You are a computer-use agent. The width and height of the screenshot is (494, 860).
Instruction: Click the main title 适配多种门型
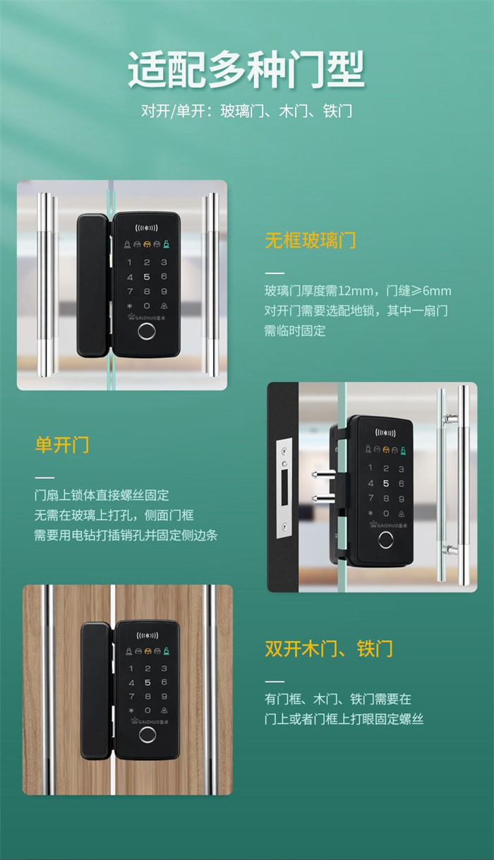pos(246,69)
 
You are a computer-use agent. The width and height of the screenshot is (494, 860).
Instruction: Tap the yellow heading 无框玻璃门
pos(311,241)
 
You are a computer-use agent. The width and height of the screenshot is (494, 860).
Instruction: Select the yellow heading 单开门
pos(62,445)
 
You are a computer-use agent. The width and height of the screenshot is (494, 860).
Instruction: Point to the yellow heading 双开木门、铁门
pos(329,649)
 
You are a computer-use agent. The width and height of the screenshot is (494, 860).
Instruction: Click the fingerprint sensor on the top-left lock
pos(147,332)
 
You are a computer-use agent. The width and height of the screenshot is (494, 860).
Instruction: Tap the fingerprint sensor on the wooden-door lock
pos(147,735)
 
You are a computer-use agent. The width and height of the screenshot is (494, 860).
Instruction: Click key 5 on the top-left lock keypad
pos(147,277)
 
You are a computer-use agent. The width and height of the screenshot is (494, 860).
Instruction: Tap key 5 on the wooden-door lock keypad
pos(147,683)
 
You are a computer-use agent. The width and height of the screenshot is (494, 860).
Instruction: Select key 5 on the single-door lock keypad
pos(386,484)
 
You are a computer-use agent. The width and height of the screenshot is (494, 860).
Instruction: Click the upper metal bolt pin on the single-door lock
pos(323,474)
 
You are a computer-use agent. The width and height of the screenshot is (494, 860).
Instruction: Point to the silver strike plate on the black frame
pos(284,488)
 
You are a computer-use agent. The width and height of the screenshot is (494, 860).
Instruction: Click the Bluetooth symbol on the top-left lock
pos(147,228)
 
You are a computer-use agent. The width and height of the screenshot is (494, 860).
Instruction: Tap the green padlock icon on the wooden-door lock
pos(167,651)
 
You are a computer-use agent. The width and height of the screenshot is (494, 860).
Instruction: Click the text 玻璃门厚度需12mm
pos(318,291)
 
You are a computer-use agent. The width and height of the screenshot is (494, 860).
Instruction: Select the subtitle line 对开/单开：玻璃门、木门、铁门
pos(247,111)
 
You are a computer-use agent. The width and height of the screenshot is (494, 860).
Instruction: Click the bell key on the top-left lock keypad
pos(164,306)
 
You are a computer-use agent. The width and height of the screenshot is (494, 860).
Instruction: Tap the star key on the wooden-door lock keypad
pos(131,710)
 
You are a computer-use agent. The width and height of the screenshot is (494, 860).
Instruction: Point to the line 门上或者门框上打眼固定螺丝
pos(344,719)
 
